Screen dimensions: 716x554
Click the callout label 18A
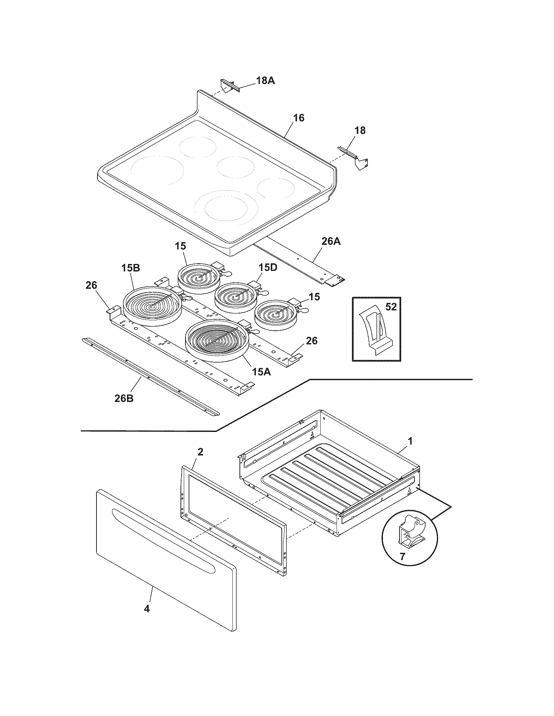click(x=265, y=80)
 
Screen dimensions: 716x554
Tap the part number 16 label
click(x=298, y=118)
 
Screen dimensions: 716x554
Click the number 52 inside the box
click(x=391, y=307)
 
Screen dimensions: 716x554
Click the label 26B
click(x=124, y=398)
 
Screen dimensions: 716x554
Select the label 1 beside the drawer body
click(x=410, y=441)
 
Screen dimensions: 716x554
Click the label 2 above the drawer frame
click(x=200, y=452)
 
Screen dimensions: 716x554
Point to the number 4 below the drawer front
click(x=147, y=609)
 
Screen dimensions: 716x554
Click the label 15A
click(x=261, y=372)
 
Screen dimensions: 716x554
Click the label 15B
click(x=131, y=268)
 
